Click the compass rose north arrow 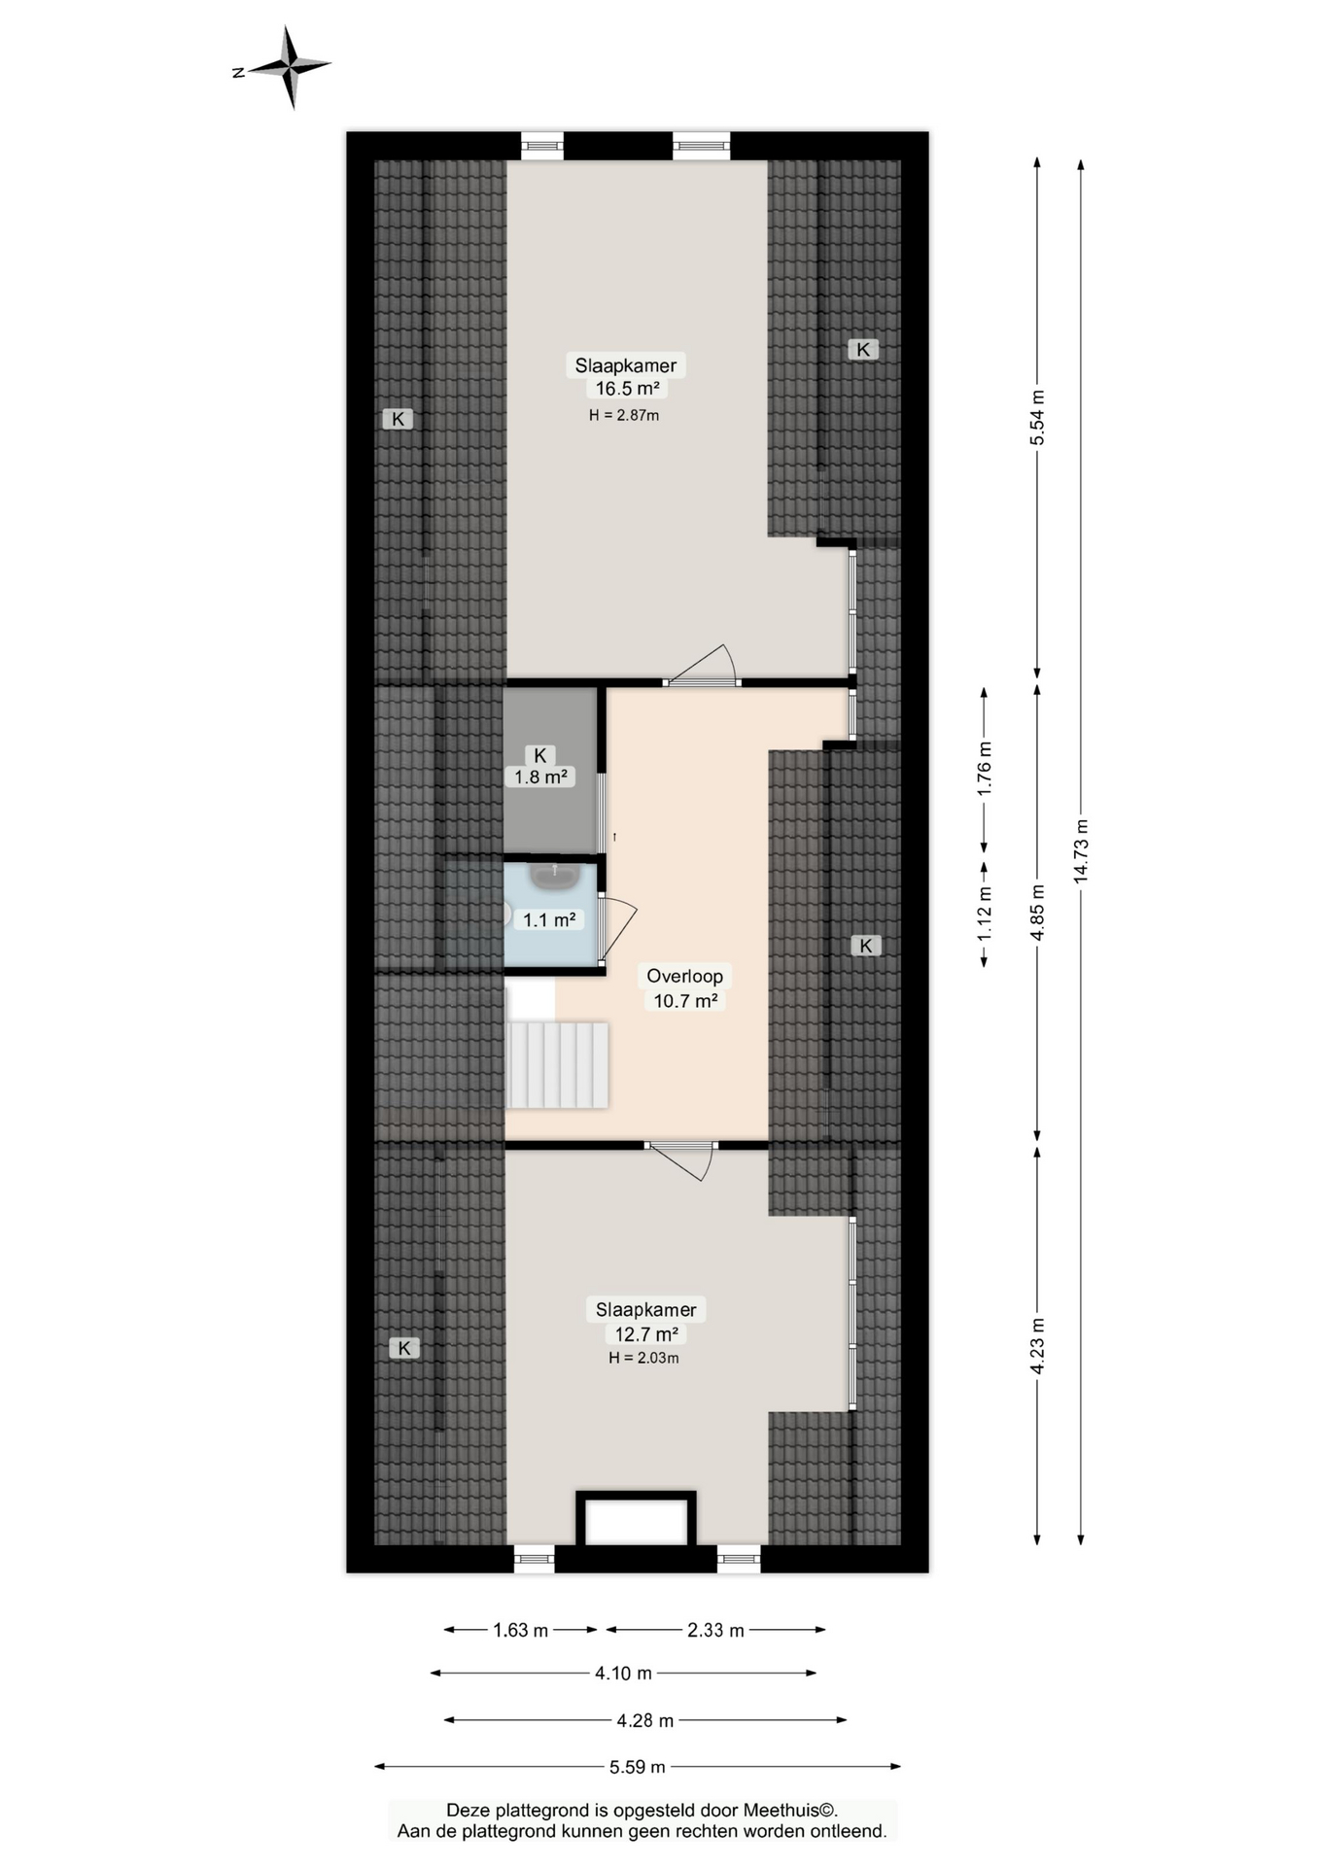tap(262, 68)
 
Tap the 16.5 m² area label tap(628, 389)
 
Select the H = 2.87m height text tap(624, 415)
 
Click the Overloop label tap(684, 976)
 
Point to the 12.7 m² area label tap(646, 1334)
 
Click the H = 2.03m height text tap(643, 1358)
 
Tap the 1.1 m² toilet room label tap(549, 919)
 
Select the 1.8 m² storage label tap(540, 777)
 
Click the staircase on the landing tap(557, 1064)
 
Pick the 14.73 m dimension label tap(1081, 851)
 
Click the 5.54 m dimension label tap(1037, 417)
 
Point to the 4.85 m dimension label tap(1037, 912)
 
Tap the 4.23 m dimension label tap(1037, 1346)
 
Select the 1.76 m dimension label tap(984, 769)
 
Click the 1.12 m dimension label tap(984, 915)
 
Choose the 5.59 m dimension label tap(638, 1767)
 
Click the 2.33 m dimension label tap(715, 1630)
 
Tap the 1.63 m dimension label tap(521, 1630)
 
